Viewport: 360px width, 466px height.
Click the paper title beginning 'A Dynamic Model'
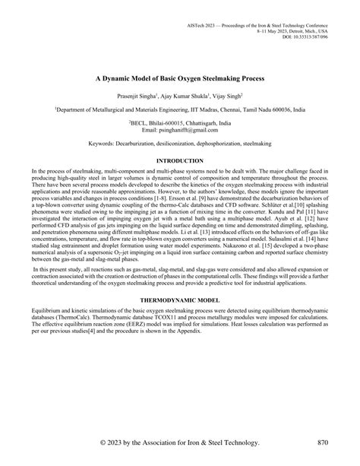[179, 77]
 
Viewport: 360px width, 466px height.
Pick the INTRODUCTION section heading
[179, 161]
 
